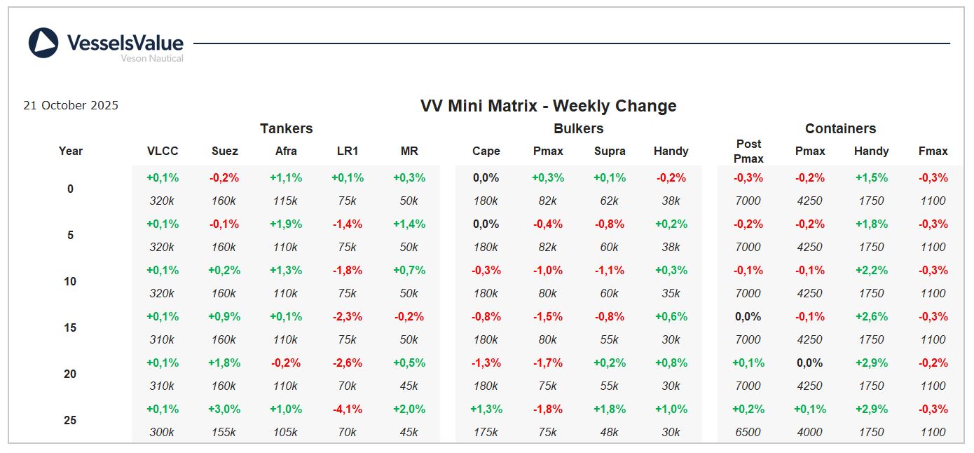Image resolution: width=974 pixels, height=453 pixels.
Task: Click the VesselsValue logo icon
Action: tap(43, 43)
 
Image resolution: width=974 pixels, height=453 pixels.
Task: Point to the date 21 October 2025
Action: tap(71, 106)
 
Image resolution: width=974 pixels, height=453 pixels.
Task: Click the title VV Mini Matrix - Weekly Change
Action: tap(548, 106)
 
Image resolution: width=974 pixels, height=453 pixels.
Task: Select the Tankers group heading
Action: tap(286, 128)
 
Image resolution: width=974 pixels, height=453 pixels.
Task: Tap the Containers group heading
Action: tap(840, 128)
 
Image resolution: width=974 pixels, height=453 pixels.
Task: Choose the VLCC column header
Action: tap(163, 151)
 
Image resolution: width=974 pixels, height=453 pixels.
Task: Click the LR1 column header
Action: tap(348, 151)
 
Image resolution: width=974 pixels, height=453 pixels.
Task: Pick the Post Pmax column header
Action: tap(748, 151)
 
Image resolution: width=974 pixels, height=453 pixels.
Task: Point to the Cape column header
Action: tap(486, 151)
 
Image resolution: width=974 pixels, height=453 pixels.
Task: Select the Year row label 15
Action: tap(70, 327)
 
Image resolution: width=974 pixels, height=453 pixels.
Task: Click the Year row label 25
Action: tap(70, 420)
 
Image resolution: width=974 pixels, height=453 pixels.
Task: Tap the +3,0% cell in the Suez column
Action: tap(224, 409)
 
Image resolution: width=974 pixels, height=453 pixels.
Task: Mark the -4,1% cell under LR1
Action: tap(348, 409)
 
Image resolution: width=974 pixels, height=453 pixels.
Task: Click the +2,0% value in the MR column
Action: tap(409, 409)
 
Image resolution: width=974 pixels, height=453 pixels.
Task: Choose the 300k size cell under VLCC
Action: tap(162, 432)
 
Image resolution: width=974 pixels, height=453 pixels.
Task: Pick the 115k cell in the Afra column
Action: tap(286, 201)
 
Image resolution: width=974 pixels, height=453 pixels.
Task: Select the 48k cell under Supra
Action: tap(610, 432)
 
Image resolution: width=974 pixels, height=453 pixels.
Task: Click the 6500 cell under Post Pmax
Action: tap(748, 432)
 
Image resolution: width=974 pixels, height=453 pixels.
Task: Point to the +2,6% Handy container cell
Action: tap(872, 316)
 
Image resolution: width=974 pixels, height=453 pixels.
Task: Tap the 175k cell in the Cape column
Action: tap(486, 432)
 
